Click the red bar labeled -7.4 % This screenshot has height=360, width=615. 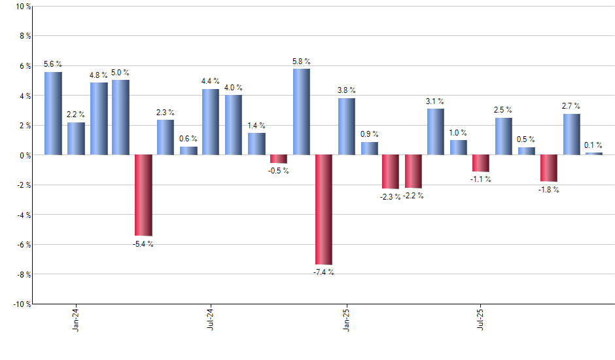(324, 209)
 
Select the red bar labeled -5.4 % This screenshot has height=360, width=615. (143, 195)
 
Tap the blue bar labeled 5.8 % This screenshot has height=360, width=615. (301, 112)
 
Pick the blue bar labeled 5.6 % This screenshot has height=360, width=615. (53, 113)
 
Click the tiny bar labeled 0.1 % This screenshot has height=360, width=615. (594, 154)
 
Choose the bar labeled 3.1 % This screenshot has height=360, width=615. (436, 132)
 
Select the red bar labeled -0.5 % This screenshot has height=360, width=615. (279, 159)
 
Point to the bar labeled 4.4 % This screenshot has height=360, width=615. (211, 122)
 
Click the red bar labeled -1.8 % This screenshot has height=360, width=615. (549, 168)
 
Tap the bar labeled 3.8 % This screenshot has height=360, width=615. (347, 126)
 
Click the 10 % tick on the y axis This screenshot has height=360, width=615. (22, 7)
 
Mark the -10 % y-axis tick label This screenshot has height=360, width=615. (21, 304)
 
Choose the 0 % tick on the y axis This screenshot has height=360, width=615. (24, 155)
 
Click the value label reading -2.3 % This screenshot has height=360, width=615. (391, 196)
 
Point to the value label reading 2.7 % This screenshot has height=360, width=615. (571, 105)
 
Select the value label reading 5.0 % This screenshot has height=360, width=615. (120, 73)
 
